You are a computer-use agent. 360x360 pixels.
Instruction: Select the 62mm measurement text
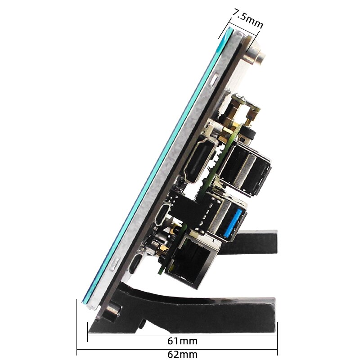click(182, 354)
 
